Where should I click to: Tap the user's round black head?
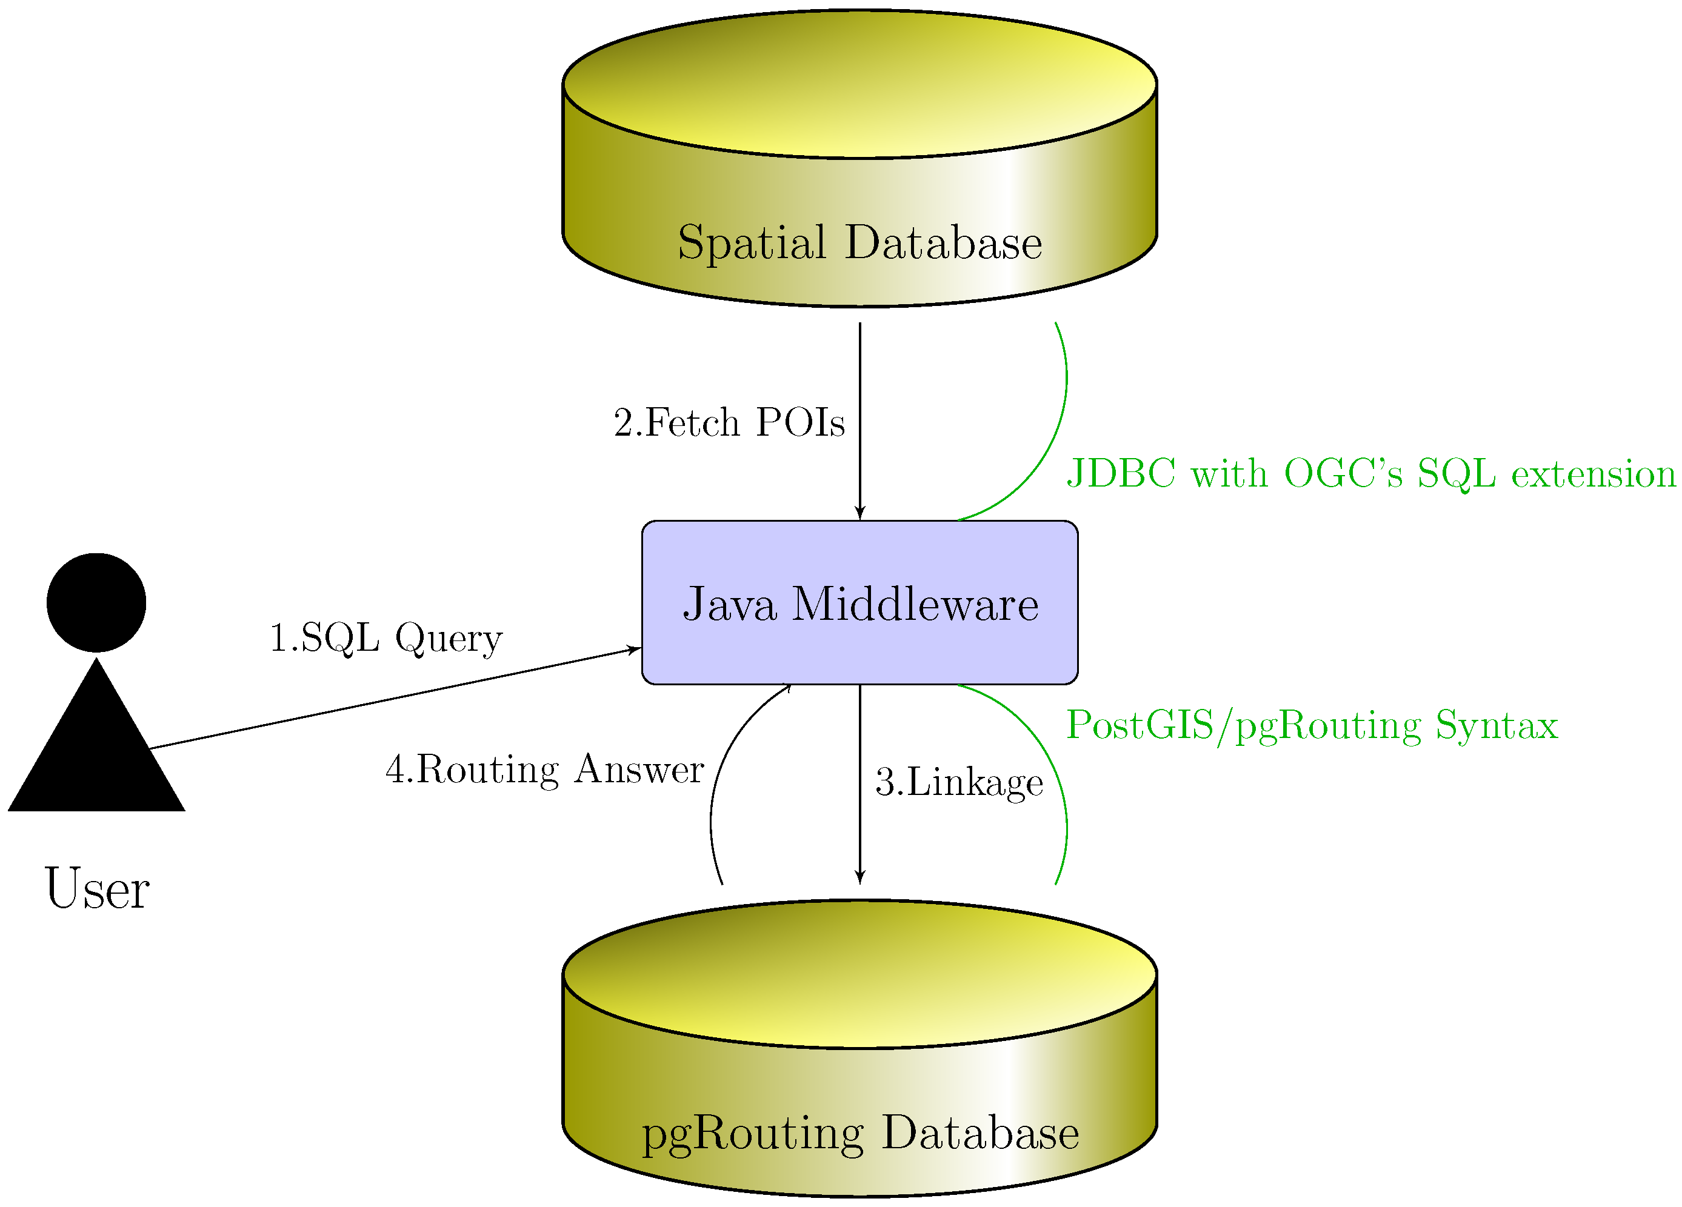coord(96,602)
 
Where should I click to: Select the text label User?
coord(97,888)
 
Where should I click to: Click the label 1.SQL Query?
coord(385,637)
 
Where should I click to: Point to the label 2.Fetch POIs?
coord(729,422)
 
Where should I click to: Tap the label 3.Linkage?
coord(959,782)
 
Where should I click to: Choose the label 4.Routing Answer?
coord(544,769)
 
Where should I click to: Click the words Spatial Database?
coord(859,242)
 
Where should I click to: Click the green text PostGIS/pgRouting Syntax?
coord(1311,725)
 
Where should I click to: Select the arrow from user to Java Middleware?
coord(393,699)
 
